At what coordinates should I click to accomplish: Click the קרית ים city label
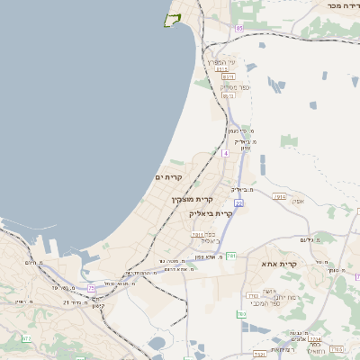[169, 178]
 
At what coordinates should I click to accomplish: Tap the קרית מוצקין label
[191, 199]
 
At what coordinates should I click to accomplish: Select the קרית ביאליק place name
[211, 213]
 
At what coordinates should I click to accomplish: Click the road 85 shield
[239, 29]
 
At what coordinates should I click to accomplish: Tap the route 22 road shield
[238, 203]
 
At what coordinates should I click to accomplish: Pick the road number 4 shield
[225, 153]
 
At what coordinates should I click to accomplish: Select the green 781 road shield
[231, 256]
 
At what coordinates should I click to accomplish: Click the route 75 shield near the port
[92, 288]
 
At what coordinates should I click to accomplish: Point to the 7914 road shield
[280, 196]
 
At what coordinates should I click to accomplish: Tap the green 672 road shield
[26, 337]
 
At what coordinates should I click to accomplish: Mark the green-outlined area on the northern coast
[172, 20]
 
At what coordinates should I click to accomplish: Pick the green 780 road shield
[241, 314]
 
